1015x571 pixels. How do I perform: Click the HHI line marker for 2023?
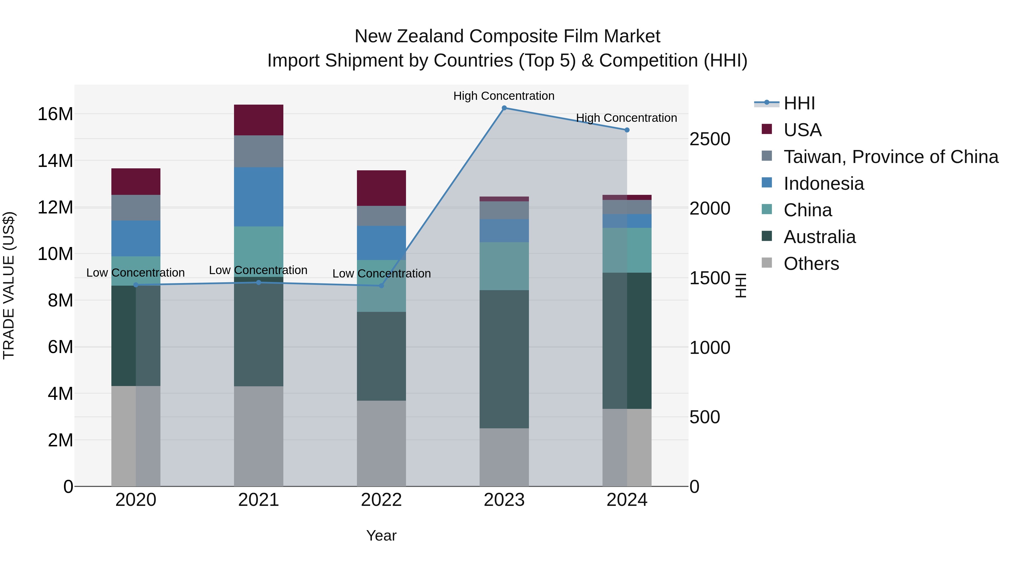(504, 108)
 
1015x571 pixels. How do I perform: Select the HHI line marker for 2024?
(627, 130)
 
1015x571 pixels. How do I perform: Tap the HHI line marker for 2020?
(136, 285)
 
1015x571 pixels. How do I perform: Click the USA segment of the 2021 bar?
(259, 120)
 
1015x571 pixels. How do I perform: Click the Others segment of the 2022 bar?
(381, 443)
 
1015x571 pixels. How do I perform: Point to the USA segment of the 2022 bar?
(381, 188)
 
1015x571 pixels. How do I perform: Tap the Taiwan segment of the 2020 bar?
(136, 208)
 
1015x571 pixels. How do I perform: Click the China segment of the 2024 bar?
(627, 250)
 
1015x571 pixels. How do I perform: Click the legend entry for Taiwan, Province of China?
(890, 157)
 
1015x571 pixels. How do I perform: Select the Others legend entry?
(811, 264)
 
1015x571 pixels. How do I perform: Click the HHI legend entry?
(799, 103)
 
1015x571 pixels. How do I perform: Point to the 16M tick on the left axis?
(55, 114)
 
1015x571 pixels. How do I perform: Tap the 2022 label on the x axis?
(381, 500)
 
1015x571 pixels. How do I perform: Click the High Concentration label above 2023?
(504, 96)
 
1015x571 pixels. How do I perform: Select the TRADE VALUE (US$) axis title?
(9, 285)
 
